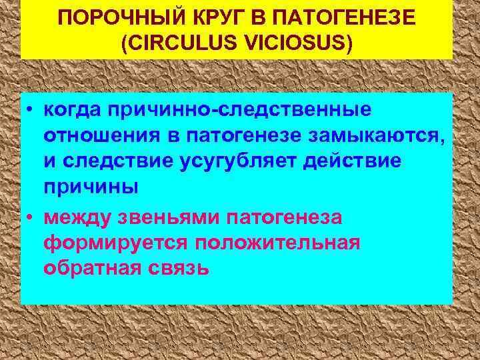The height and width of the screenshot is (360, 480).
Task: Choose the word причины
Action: [x=91, y=187]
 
